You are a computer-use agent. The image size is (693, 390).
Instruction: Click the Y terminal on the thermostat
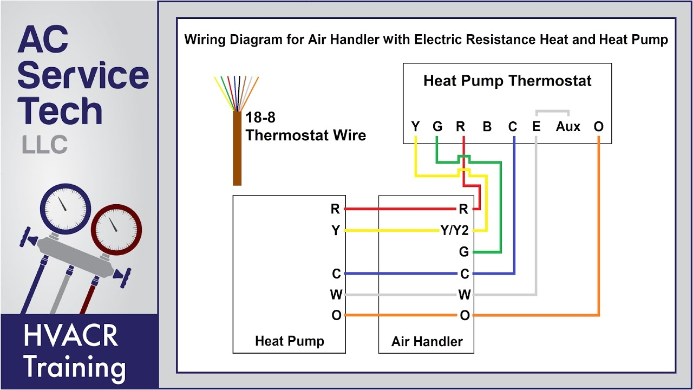(415, 127)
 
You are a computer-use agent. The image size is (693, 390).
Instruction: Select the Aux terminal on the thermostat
(568, 127)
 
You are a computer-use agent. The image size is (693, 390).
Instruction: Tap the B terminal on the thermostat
(487, 127)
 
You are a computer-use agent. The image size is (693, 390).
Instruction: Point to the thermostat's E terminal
(536, 127)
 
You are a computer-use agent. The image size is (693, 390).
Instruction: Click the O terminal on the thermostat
(598, 127)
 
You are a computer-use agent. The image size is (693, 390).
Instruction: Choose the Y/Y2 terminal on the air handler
(454, 231)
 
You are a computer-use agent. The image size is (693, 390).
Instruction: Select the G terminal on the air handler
(463, 252)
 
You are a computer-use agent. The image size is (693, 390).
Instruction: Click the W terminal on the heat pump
(336, 295)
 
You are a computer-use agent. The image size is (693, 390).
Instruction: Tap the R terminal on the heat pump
(335, 209)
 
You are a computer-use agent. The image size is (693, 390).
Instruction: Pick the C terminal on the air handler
(464, 274)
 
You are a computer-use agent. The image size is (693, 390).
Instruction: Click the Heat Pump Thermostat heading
(507, 81)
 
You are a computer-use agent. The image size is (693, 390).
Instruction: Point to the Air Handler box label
(427, 342)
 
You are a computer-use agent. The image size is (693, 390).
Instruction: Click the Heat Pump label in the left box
(289, 341)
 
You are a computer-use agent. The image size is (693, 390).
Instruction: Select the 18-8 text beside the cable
(260, 118)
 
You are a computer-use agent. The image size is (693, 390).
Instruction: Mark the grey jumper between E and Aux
(552, 112)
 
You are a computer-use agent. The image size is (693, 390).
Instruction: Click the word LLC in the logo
(44, 145)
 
